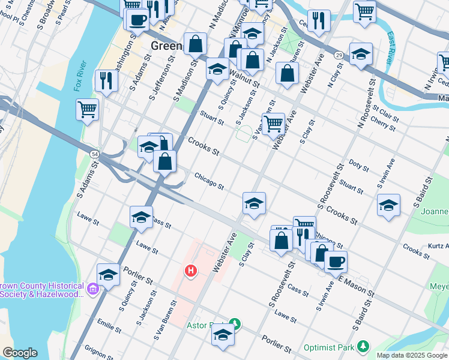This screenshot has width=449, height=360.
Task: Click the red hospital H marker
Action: coord(191,272)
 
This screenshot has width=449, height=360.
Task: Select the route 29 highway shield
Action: coord(339,55)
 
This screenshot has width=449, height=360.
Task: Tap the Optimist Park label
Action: coord(329,347)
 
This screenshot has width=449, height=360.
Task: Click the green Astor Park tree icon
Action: coord(236,325)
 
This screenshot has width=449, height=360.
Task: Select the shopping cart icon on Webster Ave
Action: coord(274,124)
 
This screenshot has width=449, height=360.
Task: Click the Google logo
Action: coord(20,353)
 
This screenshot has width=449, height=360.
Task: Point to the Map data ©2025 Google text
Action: coord(411,355)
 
